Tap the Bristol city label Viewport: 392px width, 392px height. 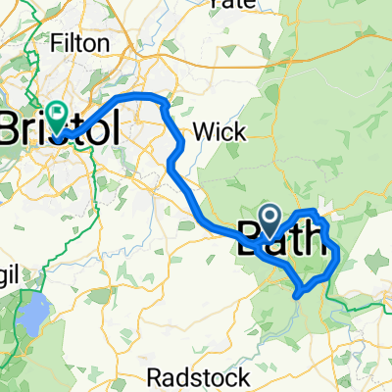61,128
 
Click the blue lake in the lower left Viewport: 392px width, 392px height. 31,314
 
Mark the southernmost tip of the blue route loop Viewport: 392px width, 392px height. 298,291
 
